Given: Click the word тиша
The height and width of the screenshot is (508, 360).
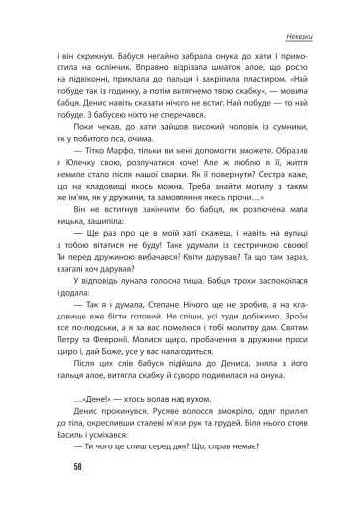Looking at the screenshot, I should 222,280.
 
